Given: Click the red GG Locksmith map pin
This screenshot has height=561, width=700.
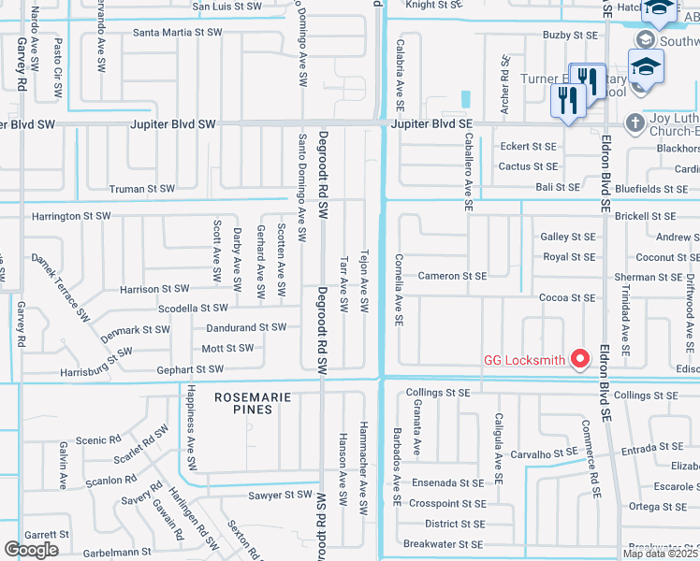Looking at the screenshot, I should [x=580, y=358].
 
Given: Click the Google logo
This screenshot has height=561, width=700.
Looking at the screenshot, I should [x=32, y=549].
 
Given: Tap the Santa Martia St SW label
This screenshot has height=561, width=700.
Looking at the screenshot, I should [x=178, y=32].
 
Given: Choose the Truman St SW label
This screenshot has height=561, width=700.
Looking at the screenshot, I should [x=142, y=189].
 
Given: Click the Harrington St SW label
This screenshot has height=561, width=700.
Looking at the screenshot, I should [x=71, y=216].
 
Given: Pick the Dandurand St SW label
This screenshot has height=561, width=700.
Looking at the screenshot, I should [x=245, y=327].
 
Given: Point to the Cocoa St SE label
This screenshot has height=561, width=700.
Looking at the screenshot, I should [x=567, y=297].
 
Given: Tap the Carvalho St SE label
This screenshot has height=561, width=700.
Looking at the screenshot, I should [x=544, y=453].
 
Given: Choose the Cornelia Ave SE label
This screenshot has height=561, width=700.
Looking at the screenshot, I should [x=399, y=290].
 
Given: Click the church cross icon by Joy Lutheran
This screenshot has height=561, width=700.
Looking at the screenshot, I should [x=634, y=122].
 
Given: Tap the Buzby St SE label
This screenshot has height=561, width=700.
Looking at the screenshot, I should [x=570, y=35].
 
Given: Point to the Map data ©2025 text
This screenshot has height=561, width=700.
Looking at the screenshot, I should [x=660, y=554].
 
